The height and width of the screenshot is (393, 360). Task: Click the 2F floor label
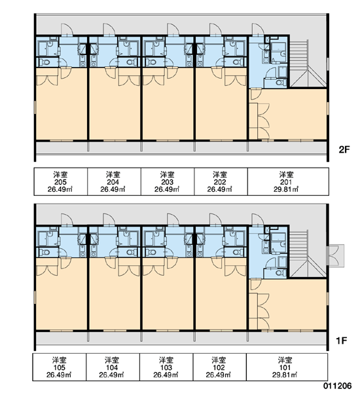click(344, 149)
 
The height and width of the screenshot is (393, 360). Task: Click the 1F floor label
click(342, 341)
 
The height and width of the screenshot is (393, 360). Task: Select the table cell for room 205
click(61, 181)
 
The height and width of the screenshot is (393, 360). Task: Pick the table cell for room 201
click(288, 181)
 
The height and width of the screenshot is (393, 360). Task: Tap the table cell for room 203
click(168, 181)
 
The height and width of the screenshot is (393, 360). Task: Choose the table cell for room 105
click(60, 367)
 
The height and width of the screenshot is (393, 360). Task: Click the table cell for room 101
click(287, 367)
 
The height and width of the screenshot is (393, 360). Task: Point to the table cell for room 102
click(219, 367)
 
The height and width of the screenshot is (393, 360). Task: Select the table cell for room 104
click(113, 367)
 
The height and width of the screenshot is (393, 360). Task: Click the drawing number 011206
click(337, 386)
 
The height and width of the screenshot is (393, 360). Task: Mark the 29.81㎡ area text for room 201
click(286, 189)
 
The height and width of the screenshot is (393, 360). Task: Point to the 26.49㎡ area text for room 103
click(166, 375)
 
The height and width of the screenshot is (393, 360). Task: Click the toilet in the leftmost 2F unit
click(45, 62)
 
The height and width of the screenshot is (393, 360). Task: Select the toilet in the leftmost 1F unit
click(45, 252)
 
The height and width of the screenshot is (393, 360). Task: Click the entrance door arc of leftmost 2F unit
click(67, 29)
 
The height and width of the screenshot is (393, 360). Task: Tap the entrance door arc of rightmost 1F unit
click(258, 219)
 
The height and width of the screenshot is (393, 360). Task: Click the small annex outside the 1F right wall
click(336, 255)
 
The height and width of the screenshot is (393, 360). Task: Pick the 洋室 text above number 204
click(113, 174)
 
